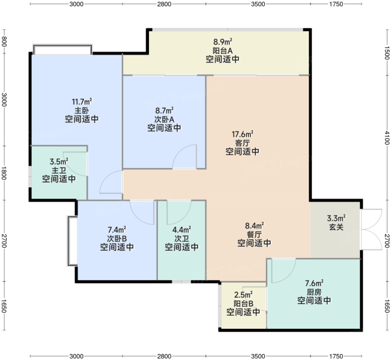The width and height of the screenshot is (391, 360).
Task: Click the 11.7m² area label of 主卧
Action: pyautogui.click(x=82, y=101)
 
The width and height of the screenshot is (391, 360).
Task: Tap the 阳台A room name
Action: pyautogui.click(x=222, y=50)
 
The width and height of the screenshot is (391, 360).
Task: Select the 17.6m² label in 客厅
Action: pyautogui.click(x=243, y=134)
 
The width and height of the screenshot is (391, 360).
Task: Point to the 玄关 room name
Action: pyautogui.click(x=336, y=227)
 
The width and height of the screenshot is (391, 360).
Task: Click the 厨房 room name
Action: pyautogui.click(x=314, y=292)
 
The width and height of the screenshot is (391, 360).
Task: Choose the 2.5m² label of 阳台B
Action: pyautogui.click(x=243, y=295)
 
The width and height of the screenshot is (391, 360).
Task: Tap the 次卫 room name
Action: pyautogui.click(x=181, y=238)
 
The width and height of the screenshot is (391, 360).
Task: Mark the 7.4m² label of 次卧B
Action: pyautogui.click(x=117, y=229)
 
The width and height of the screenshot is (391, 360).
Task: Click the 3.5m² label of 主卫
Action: pyautogui.click(x=59, y=161)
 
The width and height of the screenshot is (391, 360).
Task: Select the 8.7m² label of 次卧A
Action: pyautogui.click(x=165, y=110)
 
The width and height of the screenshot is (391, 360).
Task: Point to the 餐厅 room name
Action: pyautogui.click(x=254, y=235)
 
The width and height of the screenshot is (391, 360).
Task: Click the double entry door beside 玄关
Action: pyautogui.click(x=371, y=229)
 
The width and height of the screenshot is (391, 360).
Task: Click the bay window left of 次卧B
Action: pyautogui.click(x=72, y=241)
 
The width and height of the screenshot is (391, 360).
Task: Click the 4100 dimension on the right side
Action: pyautogui.click(x=387, y=137)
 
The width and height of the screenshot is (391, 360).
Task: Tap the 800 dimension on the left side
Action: pyautogui.click(x=4, y=41)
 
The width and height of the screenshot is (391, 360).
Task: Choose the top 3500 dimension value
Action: pyautogui.click(x=258, y=4)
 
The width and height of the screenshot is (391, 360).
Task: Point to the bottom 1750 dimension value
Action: pyautogui.click(x=336, y=356)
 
